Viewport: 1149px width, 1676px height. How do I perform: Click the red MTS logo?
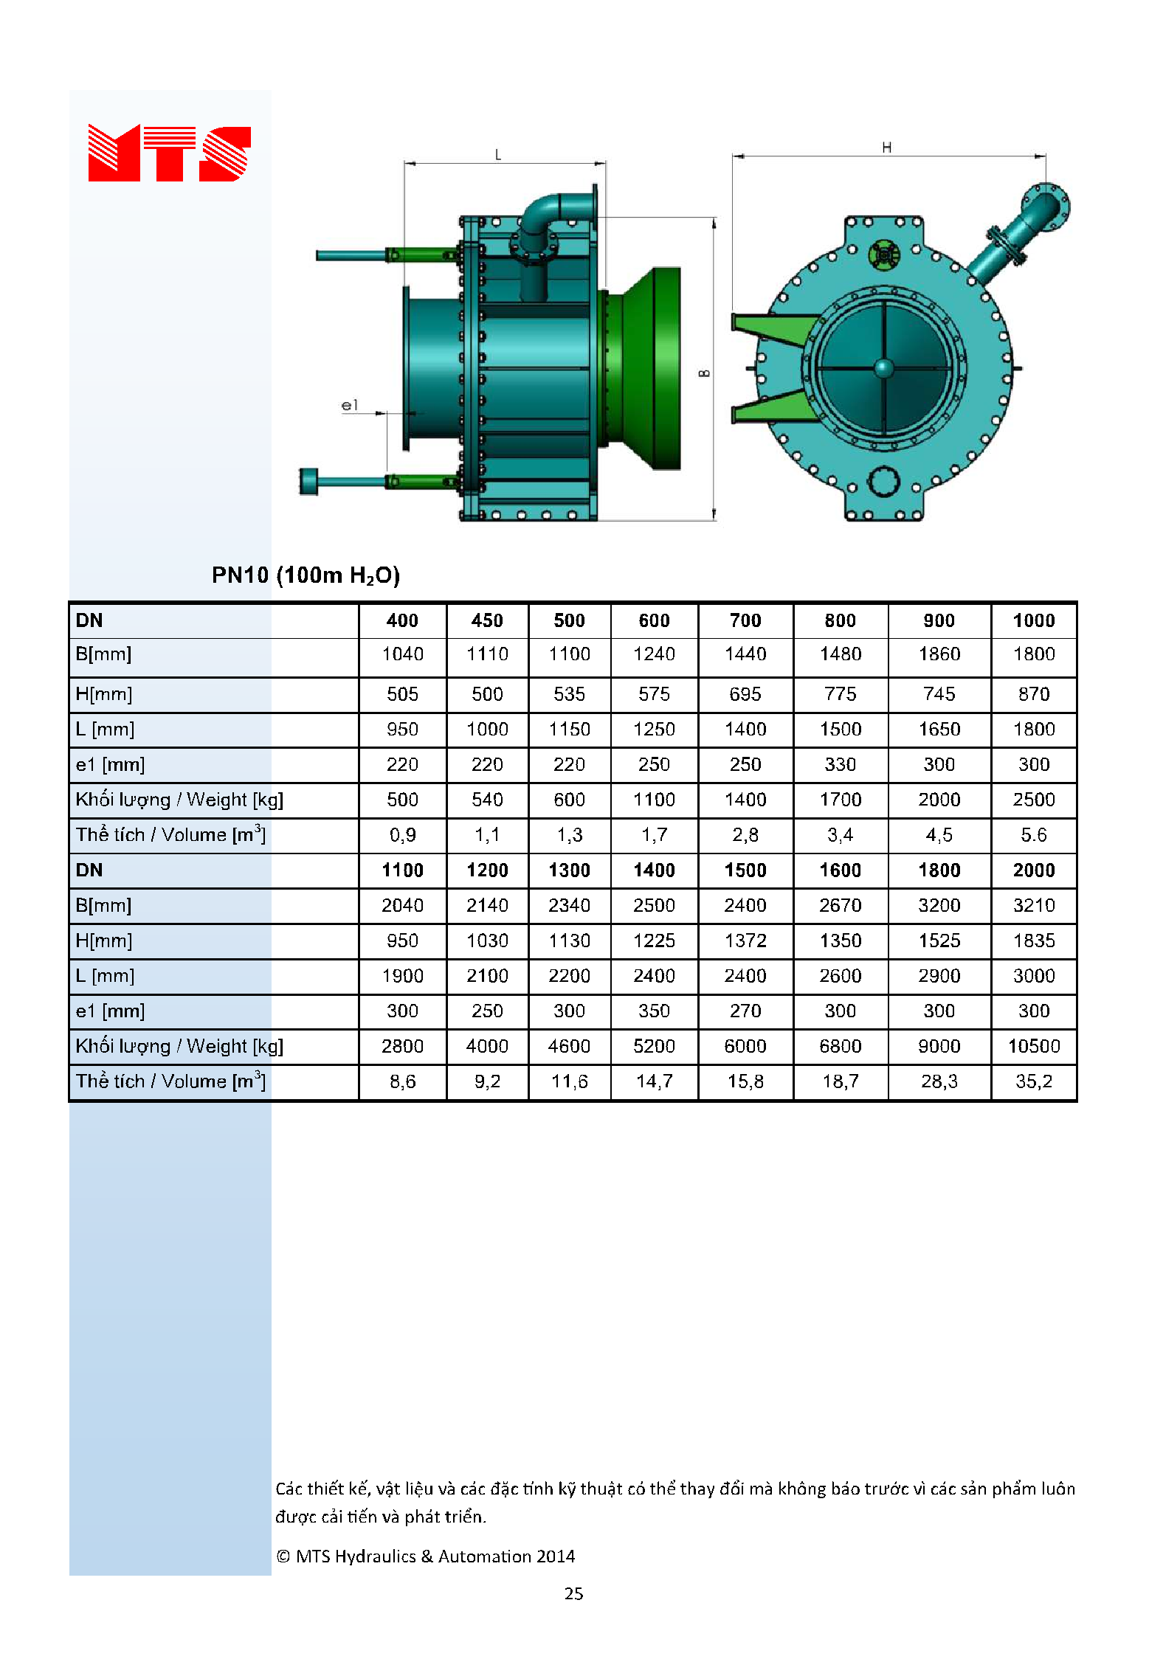pos(169,153)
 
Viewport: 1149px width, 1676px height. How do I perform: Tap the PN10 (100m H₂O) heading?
pos(306,575)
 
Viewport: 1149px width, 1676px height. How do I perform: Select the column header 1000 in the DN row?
pos(1034,620)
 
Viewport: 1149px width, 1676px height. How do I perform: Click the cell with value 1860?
pos(939,654)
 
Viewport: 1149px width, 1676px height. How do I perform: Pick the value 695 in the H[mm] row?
pos(745,694)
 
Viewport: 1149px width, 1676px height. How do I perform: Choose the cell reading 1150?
pos(569,729)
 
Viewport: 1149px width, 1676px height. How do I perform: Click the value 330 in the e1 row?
pos(841,764)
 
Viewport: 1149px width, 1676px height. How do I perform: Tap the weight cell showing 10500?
pos(1034,1046)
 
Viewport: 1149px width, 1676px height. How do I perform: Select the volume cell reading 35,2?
pos(1034,1081)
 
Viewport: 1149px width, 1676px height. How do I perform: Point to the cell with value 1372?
pos(745,941)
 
